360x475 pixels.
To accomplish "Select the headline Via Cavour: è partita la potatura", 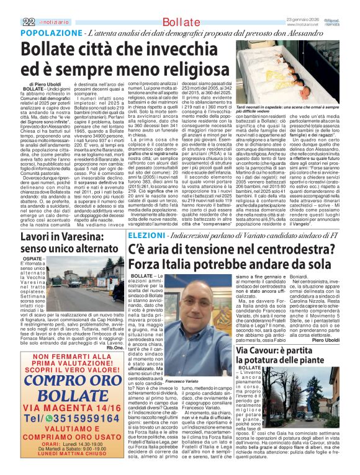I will click(287, 356).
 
